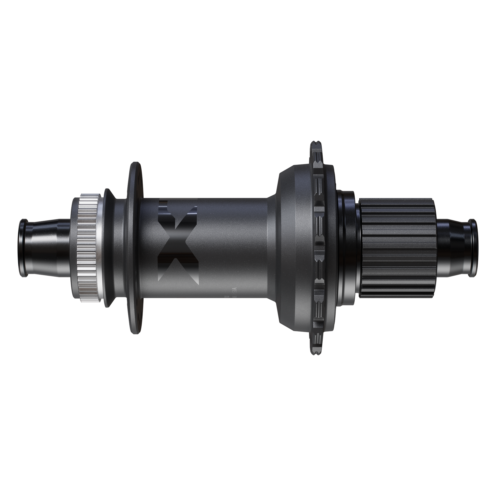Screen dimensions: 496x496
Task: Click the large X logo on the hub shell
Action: (x=178, y=245)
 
